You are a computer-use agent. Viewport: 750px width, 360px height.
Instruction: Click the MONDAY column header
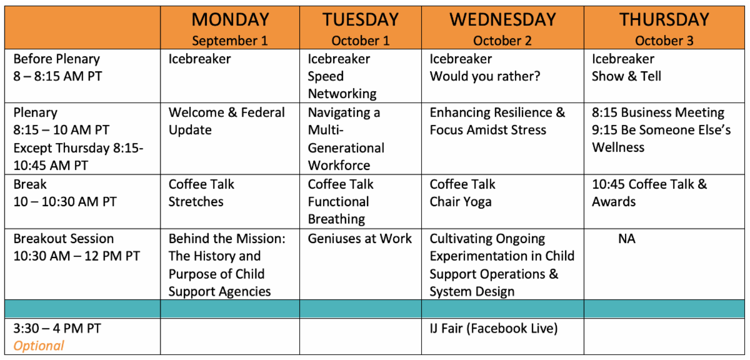(x=231, y=19)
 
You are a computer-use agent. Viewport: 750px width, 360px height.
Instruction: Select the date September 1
(x=230, y=41)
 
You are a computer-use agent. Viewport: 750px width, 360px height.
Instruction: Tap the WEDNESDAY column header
(x=502, y=19)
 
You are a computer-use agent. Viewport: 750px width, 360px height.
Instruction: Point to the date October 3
(x=664, y=41)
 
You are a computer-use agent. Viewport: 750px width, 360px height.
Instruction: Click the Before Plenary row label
(x=57, y=59)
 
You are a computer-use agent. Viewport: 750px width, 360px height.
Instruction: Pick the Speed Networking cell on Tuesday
(x=342, y=85)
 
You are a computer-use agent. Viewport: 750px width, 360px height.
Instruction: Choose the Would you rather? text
(x=485, y=76)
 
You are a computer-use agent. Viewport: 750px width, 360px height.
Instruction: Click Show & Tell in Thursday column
(x=626, y=76)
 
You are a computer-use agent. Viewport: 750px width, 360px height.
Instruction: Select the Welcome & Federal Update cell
(x=227, y=121)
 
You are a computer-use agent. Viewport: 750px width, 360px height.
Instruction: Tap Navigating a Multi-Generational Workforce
(x=346, y=139)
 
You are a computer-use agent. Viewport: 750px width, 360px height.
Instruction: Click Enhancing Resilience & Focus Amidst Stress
(x=497, y=121)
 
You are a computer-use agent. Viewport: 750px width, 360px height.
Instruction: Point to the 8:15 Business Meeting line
(x=658, y=112)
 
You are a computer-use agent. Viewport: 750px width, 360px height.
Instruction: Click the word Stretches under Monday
(x=196, y=202)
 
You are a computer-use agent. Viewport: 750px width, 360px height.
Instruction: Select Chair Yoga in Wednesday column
(x=461, y=202)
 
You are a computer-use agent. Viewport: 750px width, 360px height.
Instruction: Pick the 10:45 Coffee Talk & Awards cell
(x=649, y=193)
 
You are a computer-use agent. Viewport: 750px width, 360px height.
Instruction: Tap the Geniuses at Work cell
(x=359, y=239)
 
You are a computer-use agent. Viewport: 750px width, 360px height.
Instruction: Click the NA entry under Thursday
(x=626, y=239)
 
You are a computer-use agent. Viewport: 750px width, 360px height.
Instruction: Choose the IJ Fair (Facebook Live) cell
(x=494, y=329)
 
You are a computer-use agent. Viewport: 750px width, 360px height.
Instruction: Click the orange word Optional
(x=39, y=346)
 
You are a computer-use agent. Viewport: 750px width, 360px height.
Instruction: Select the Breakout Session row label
(x=64, y=239)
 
